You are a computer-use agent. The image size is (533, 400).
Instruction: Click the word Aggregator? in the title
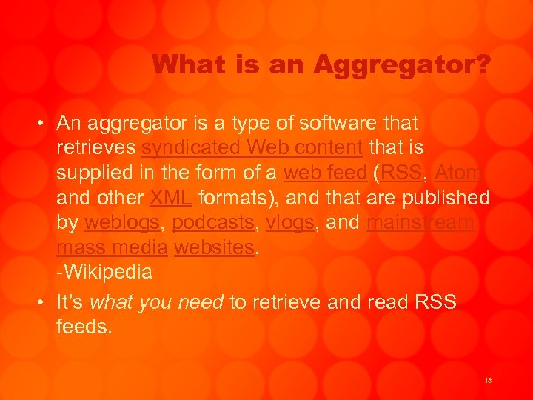(x=400, y=64)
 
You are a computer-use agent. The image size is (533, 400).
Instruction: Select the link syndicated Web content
(x=252, y=147)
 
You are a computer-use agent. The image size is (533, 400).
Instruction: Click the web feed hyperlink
(x=325, y=173)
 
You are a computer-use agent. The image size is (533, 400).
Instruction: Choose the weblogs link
(x=121, y=223)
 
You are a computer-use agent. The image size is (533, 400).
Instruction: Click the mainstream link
(x=420, y=223)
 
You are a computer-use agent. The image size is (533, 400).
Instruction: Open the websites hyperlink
(x=214, y=248)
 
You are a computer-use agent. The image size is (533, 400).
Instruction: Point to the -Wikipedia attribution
(x=104, y=273)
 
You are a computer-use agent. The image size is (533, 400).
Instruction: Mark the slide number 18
(x=488, y=380)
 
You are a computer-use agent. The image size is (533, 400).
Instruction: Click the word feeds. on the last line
(x=84, y=327)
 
